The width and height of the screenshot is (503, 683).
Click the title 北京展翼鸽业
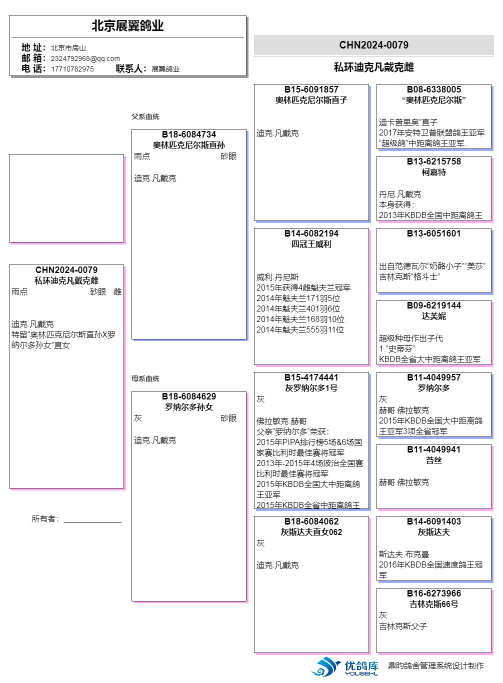(127, 25)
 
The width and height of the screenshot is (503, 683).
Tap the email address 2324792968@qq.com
(85, 58)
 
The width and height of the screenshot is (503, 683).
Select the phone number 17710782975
(72, 69)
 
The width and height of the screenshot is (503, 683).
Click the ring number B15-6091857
(311, 89)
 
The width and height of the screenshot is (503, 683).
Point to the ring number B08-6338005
(434, 89)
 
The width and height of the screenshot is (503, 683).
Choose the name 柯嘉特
(434, 172)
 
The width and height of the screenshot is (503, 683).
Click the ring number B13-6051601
(434, 233)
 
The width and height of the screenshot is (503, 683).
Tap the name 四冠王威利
(311, 244)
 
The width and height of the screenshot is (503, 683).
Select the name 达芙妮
(434, 316)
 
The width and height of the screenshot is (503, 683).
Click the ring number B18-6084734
(189, 134)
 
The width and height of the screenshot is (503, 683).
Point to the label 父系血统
(145, 116)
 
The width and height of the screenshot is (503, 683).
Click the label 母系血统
(145, 378)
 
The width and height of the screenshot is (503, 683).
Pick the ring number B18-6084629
(189, 396)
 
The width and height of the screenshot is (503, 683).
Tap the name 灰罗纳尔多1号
(311, 388)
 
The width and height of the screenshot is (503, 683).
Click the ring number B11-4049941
(434, 449)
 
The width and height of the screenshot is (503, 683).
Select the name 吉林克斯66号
(434, 604)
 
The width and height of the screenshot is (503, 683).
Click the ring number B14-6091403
(434, 521)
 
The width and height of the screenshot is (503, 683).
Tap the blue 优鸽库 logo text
(361, 665)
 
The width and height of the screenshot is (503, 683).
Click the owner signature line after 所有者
(92, 522)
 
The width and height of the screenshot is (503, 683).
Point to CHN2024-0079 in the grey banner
(373, 45)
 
